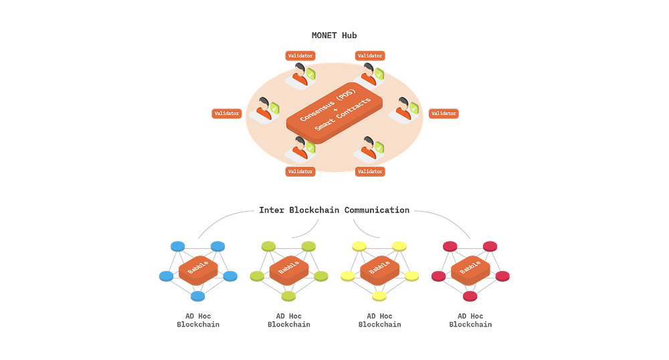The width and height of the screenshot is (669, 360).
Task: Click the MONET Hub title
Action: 334,35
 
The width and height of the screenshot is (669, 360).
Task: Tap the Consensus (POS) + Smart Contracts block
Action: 334,112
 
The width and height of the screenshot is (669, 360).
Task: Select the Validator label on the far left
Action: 227,114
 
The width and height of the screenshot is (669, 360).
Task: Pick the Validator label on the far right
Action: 444,114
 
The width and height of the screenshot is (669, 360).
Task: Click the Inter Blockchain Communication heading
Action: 334,210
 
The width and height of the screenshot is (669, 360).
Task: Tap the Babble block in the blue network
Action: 198,270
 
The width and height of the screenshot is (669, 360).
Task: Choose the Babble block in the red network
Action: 470,270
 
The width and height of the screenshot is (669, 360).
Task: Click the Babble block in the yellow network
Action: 379,270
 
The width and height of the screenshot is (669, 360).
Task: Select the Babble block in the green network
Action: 289,270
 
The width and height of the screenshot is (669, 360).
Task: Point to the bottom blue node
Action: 197,296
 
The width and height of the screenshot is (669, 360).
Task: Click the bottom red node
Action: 470,296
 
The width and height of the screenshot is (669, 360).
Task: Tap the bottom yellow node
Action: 379,296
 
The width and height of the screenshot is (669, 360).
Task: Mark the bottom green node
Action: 288,296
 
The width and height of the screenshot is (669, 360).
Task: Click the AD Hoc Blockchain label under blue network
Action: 198,321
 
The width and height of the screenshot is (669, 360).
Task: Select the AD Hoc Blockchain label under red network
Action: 470,321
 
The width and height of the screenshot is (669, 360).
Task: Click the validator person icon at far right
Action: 403,110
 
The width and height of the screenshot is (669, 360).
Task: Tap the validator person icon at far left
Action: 264,110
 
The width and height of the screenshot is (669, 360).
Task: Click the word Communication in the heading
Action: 377,210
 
